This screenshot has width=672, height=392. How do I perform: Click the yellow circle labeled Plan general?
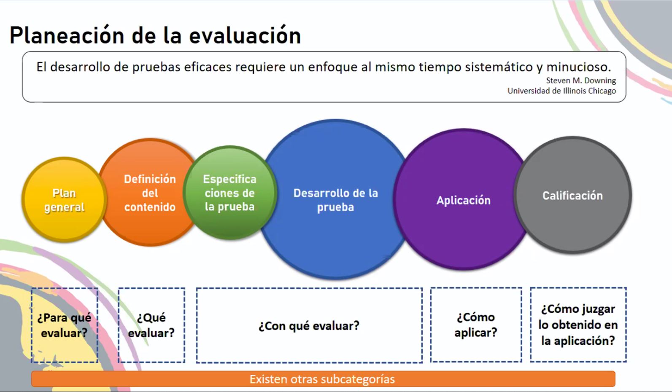click(64, 200)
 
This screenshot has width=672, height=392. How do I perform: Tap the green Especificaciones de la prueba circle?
click(230, 193)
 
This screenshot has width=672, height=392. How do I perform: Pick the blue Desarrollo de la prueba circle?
click(335, 200)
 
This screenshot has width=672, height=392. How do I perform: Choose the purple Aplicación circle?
click(464, 200)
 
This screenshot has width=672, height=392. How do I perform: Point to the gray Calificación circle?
click(573, 196)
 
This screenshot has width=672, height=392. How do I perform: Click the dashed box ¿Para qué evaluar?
click(65, 325)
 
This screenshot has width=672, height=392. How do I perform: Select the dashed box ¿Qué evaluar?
click(151, 325)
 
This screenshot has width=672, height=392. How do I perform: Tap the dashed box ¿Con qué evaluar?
click(309, 325)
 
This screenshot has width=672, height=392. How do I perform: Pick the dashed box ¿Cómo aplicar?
click(476, 325)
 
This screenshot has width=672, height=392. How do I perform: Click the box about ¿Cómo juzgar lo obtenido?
click(578, 325)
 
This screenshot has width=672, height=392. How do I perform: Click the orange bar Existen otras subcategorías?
click(323, 379)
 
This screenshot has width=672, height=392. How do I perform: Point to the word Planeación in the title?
click(67, 36)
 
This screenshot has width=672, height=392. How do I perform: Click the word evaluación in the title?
click(245, 36)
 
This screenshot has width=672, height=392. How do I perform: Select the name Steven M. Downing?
click(581, 81)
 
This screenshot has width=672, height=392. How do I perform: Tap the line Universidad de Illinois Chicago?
click(561, 91)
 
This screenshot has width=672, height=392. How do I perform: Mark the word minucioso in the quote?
click(579, 67)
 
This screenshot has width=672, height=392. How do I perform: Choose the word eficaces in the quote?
click(208, 67)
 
